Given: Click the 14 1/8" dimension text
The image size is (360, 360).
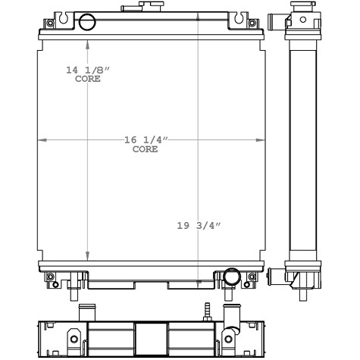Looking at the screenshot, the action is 88,70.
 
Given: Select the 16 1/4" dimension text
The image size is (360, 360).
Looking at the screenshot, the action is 146,139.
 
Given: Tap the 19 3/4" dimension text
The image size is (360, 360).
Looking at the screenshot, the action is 199,225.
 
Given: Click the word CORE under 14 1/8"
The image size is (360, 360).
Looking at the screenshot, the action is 88,79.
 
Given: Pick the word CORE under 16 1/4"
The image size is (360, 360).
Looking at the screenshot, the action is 146,149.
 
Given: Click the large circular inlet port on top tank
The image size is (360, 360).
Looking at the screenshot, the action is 87,22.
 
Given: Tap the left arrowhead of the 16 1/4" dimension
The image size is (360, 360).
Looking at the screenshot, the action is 42,139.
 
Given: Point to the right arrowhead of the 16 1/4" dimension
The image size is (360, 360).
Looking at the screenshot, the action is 261,139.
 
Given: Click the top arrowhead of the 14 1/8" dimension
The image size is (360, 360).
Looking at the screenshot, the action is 87,44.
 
